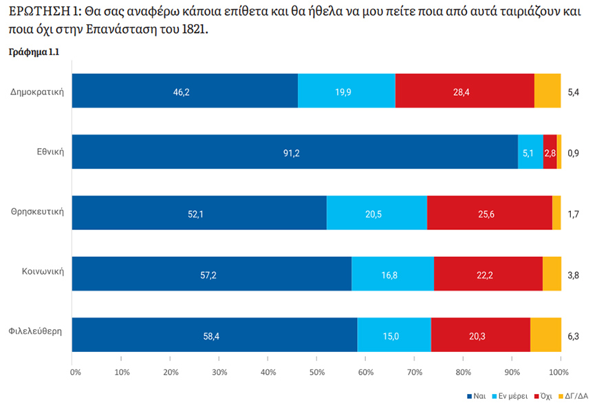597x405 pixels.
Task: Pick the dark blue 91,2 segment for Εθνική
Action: click(x=294, y=152)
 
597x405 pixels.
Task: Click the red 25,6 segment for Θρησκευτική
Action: click(x=490, y=213)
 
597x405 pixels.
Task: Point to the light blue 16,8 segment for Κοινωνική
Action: click(x=393, y=274)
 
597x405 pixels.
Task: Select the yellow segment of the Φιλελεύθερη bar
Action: click(x=545, y=335)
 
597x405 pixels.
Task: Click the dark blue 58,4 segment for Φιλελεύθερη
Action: click(x=215, y=335)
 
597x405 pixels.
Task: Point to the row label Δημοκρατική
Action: click(x=38, y=90)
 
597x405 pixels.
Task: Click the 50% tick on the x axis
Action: click(x=316, y=372)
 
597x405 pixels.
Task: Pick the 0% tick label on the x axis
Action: click(x=76, y=372)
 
